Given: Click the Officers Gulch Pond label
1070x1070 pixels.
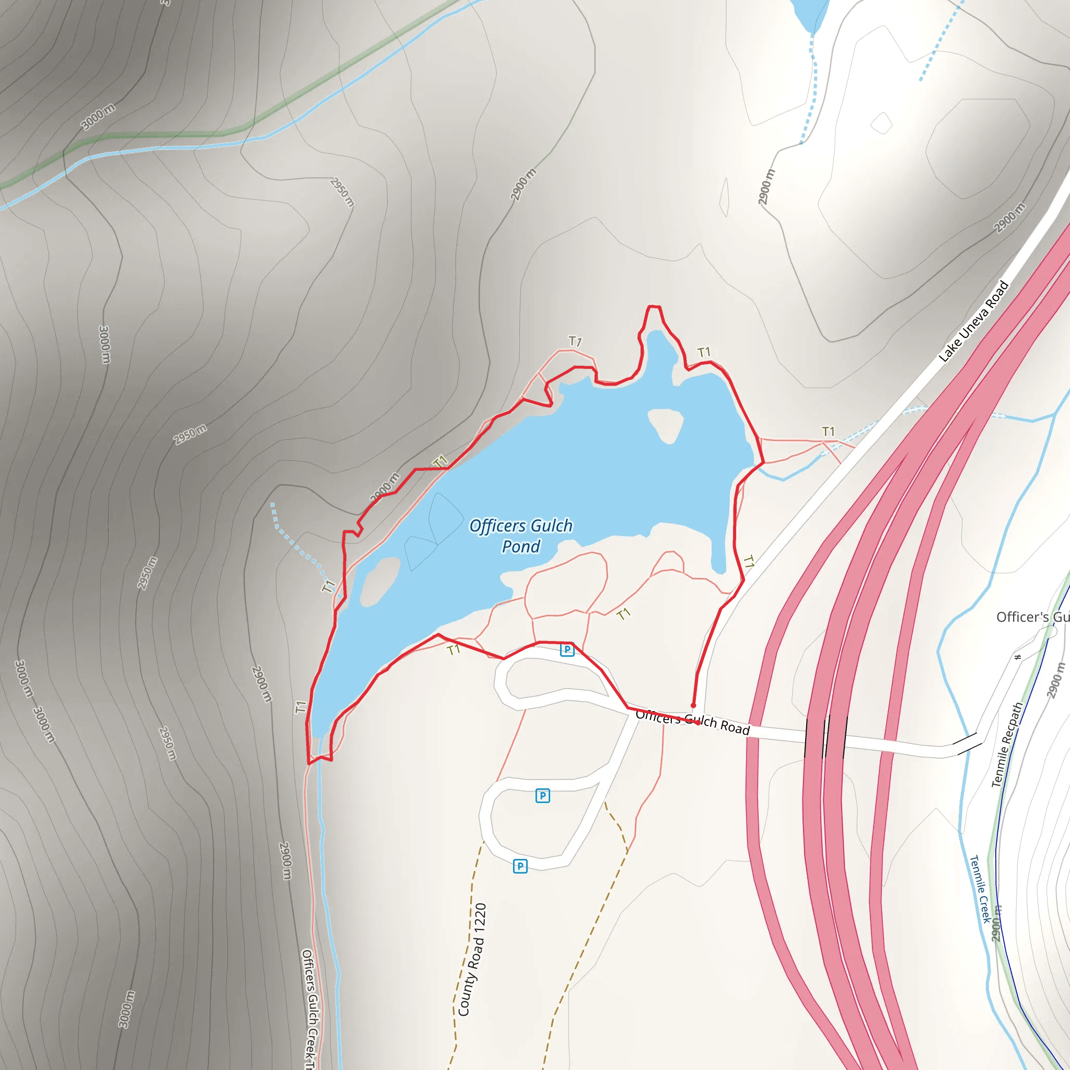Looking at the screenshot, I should click(x=520, y=536).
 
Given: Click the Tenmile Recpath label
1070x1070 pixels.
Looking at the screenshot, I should click(x=1007, y=745).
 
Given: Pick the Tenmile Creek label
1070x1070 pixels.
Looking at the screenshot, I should click(x=980, y=889).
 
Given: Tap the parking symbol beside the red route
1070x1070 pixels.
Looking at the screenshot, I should click(x=566, y=649).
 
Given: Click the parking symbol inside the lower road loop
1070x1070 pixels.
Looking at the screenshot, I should click(x=543, y=796).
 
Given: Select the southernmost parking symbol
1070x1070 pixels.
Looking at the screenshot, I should click(x=520, y=866).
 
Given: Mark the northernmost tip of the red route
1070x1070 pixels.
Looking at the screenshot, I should click(x=654, y=306).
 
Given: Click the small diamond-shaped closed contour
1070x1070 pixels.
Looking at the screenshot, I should click(x=881, y=123).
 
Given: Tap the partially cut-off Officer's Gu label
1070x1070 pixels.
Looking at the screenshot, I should click(x=1032, y=617).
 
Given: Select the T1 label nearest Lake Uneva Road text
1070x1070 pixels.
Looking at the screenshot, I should click(x=828, y=432).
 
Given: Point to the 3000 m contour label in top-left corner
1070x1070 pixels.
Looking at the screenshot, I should click(x=98, y=117).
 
